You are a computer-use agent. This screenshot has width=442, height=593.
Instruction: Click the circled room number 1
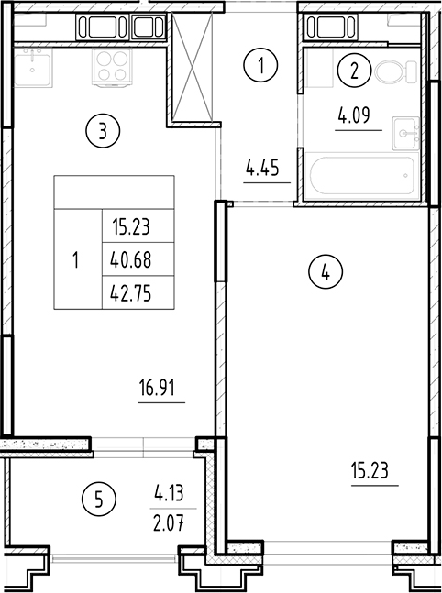261,66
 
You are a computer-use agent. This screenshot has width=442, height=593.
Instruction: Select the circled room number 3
102,132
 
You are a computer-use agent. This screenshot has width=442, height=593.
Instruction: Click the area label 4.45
261,168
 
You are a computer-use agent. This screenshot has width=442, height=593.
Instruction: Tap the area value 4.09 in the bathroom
354,117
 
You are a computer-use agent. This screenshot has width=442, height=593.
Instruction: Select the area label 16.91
156,388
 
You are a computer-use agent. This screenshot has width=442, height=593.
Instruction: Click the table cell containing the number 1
76,260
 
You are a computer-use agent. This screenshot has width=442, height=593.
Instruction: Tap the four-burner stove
112,65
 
